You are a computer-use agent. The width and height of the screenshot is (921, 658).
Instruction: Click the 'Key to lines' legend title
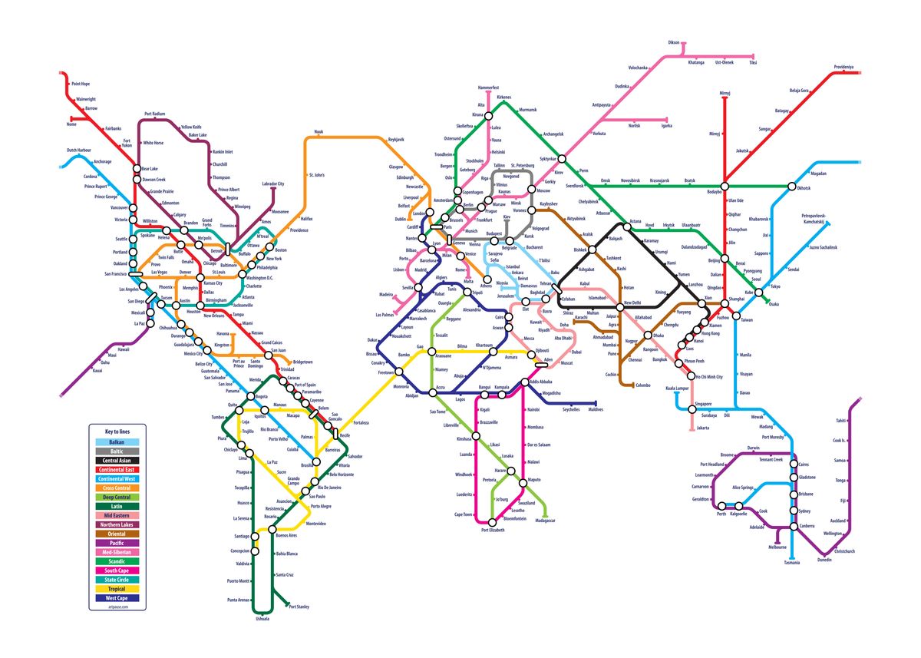point(117,432)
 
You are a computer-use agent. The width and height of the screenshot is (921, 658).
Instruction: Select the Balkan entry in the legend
point(117,443)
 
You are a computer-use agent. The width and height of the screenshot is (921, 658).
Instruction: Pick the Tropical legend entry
point(117,590)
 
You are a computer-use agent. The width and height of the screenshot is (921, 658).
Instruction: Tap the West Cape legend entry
point(117,598)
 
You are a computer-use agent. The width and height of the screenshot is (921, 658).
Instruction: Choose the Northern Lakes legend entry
point(117,525)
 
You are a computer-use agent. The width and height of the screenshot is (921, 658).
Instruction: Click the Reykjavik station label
point(396,140)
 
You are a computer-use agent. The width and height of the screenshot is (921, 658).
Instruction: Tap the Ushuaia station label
point(262,618)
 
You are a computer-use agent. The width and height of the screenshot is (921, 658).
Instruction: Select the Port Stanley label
point(299,607)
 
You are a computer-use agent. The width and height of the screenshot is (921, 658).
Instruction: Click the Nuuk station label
point(319,132)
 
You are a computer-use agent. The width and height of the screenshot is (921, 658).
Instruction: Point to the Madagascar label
point(545,521)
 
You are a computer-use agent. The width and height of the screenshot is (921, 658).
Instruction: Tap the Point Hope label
point(81,84)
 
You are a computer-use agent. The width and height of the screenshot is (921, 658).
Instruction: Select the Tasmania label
point(791,563)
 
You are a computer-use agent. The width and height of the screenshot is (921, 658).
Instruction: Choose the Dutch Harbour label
point(78,150)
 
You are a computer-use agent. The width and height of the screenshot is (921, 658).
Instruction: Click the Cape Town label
point(464,514)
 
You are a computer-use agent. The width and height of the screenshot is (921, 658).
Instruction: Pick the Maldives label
point(596,410)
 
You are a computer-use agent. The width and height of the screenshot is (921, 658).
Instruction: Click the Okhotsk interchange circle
point(791,186)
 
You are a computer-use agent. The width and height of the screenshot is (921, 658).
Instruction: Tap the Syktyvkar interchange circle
point(562,158)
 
